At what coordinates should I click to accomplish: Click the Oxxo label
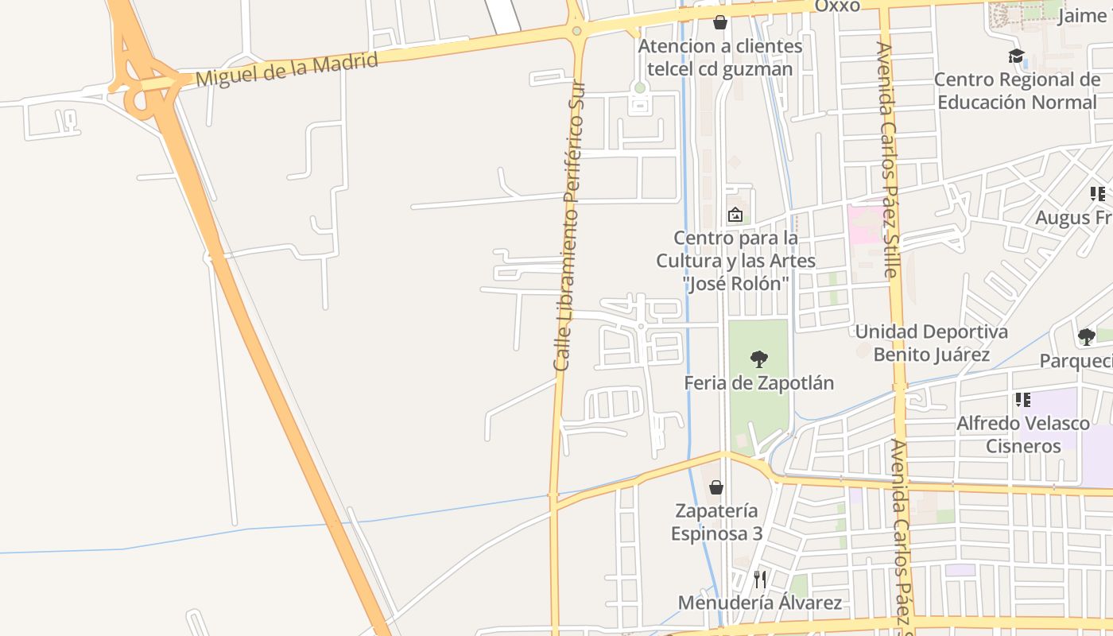pos(837,6)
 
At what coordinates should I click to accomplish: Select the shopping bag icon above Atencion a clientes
pos(720,22)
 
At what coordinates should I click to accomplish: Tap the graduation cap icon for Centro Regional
pos(1016,56)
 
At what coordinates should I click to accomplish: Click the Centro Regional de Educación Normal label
pos(1017,91)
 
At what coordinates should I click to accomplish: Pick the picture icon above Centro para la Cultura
pos(735,215)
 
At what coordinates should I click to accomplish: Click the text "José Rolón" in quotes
pos(736,283)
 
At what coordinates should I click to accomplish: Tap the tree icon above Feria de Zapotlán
pos(759,359)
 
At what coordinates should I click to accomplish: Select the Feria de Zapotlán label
pos(759,383)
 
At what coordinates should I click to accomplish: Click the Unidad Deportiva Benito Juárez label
pos(932,343)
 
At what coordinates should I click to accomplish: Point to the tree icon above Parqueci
pos(1086,337)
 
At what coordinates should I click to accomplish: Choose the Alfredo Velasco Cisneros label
pos(1023,434)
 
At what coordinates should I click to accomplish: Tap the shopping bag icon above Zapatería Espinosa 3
pos(716,487)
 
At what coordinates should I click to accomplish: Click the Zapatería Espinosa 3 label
pos(716,522)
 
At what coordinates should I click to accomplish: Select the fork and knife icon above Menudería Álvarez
pos(760,579)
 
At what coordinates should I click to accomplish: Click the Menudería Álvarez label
pos(759,603)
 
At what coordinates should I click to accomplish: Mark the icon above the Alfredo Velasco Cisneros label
pos(1022,400)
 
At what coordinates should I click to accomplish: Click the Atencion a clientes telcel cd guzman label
pos(720,57)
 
